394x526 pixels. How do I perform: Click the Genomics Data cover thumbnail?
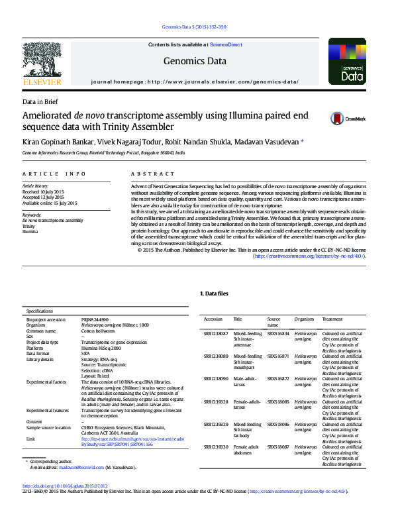(347, 60)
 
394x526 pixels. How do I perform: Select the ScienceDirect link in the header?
(226, 44)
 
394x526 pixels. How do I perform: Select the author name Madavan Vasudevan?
(271, 142)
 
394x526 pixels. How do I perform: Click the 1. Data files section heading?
(215, 293)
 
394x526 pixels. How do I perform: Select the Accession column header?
(213, 319)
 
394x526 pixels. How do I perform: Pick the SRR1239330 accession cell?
(215, 447)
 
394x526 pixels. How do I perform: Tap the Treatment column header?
(332, 319)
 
